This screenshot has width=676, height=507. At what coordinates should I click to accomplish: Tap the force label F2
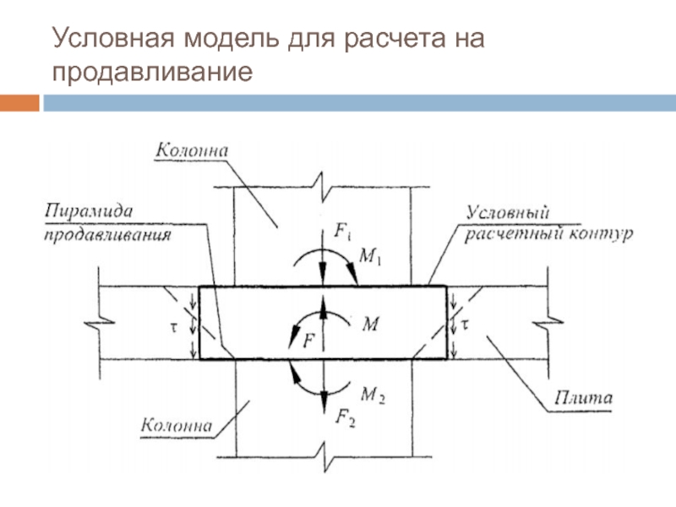[x=346, y=416]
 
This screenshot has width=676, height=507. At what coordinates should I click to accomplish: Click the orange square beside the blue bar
[x=19, y=103]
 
